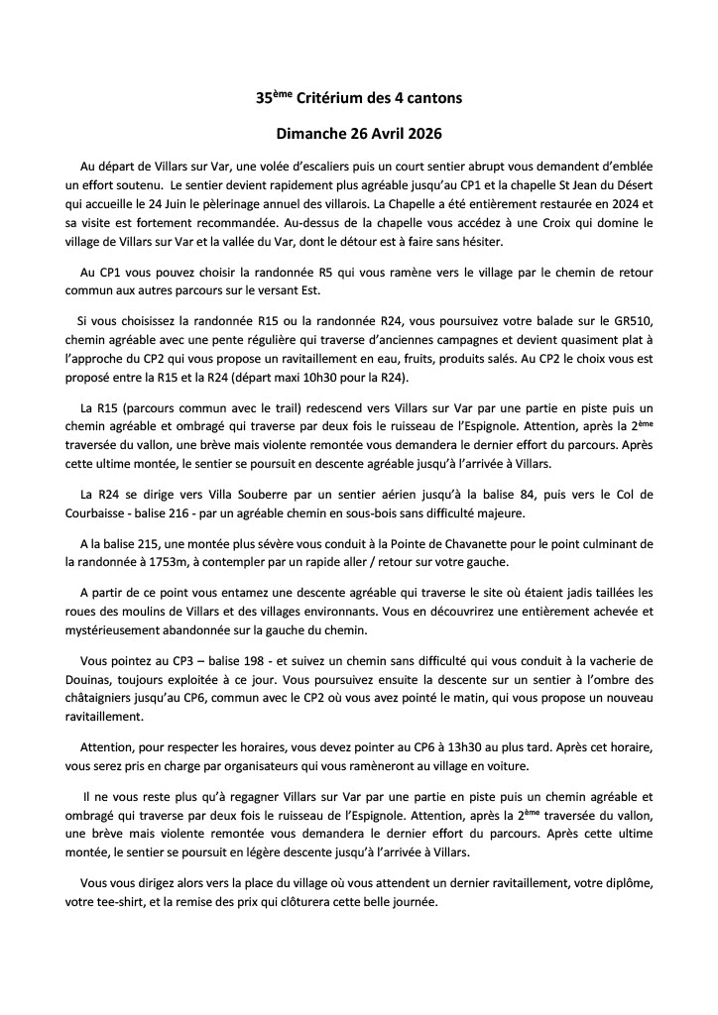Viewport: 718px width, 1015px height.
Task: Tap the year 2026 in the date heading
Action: coord(420,133)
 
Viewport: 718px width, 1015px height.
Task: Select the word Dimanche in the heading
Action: coord(310,133)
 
